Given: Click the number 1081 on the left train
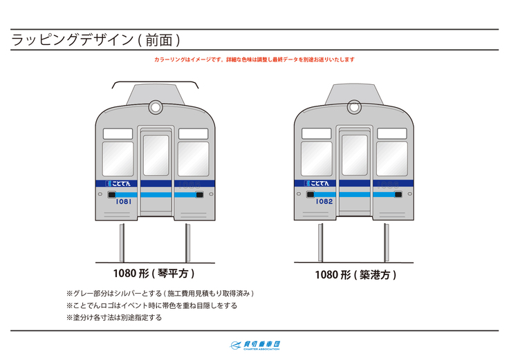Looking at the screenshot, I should [x=123, y=202].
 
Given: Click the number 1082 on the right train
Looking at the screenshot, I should [x=324, y=202].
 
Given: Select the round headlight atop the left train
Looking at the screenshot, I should [x=155, y=107].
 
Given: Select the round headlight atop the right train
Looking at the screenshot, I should [x=354, y=107].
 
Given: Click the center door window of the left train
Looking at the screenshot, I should [x=156, y=155].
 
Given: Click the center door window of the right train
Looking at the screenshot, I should [x=354, y=155].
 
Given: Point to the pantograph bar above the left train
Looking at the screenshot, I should [x=155, y=83].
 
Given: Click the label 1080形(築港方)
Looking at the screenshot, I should [x=355, y=275].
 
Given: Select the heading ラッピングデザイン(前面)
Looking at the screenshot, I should [x=96, y=40].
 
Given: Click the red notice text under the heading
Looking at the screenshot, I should [x=254, y=60].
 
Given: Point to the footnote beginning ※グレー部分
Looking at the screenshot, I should [x=165, y=294].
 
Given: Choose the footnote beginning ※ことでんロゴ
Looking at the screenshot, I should [x=151, y=305].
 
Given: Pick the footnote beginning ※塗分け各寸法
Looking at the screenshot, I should [x=114, y=318].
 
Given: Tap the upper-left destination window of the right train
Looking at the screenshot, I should [x=317, y=133].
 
